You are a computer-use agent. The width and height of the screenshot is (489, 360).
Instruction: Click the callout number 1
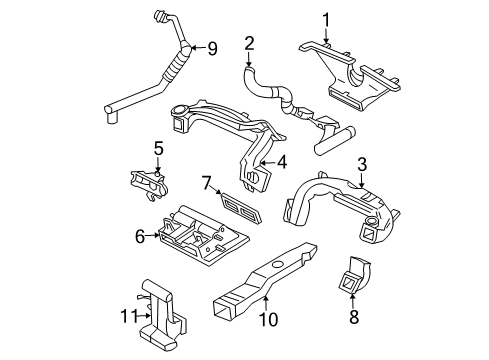tap(325, 18)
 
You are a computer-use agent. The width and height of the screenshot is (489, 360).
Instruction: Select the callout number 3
tap(363, 164)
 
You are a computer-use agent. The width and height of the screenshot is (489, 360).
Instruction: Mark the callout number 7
tap(206, 183)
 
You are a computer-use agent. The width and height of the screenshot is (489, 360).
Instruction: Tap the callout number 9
tap(211, 47)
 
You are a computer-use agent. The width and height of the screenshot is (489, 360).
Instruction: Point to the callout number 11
tap(127, 317)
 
